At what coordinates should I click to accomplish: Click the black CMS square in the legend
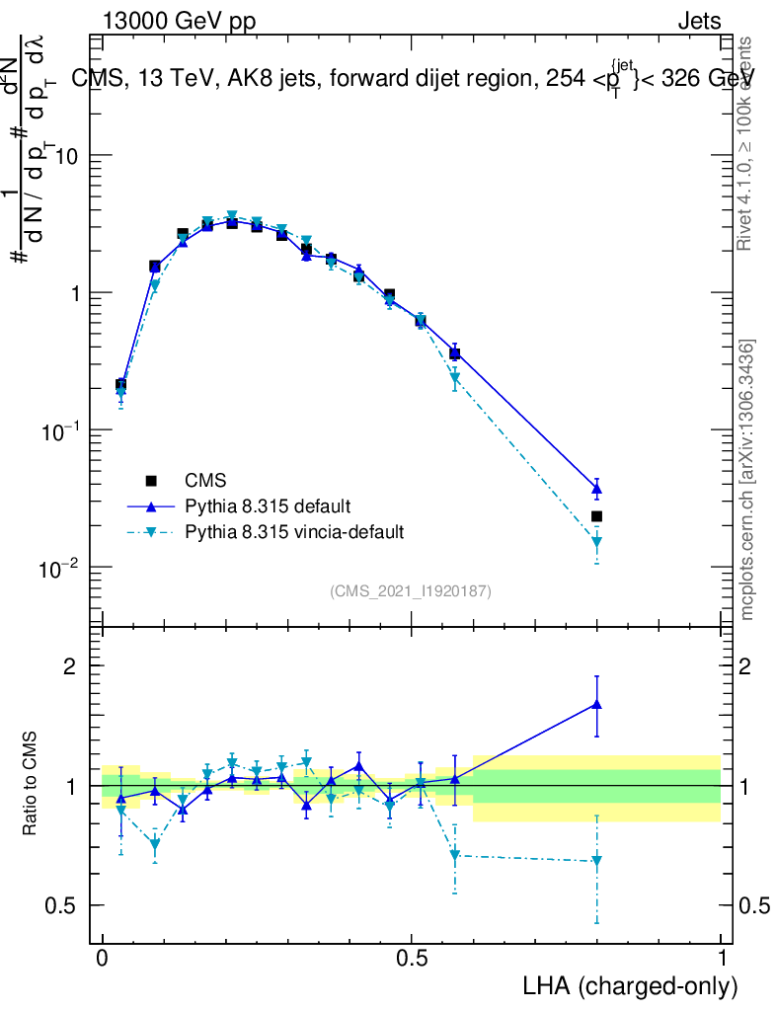tap(151, 481)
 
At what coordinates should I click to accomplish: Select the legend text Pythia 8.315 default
tap(267, 506)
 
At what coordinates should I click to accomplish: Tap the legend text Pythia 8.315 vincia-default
tap(294, 532)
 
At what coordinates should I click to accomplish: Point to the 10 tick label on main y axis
tap(65, 157)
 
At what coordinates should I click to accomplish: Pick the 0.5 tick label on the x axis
tap(412, 959)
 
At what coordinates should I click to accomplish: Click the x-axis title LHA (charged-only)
tap(630, 986)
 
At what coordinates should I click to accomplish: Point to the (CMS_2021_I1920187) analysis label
tap(411, 590)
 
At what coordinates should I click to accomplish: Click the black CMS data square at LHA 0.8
tap(596, 516)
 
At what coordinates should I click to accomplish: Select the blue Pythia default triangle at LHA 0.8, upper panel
tap(596, 489)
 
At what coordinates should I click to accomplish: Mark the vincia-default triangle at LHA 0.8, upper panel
tap(596, 542)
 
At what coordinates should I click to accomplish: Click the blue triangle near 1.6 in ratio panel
tap(596, 704)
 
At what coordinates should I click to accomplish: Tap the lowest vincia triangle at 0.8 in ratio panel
tap(596, 861)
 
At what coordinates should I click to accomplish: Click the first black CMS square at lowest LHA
tap(120, 384)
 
